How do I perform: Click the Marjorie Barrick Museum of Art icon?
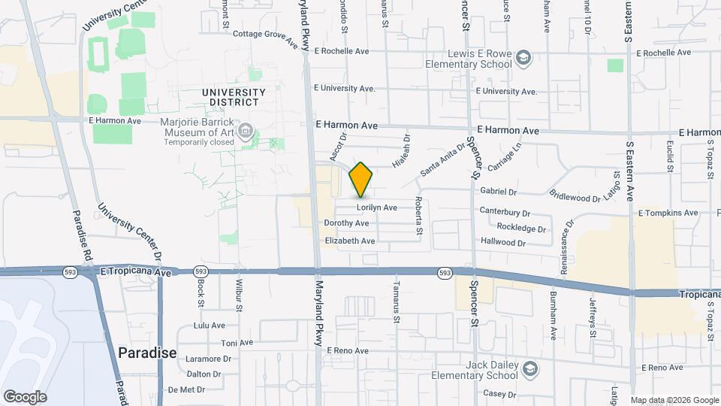246,133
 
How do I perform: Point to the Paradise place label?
147,353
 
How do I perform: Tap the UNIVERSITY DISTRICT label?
234,97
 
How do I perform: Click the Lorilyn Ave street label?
376,208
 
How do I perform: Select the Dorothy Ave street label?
346,223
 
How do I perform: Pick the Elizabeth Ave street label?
349,241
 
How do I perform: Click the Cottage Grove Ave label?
266,35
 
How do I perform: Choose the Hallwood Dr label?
505,243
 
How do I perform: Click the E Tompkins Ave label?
668,213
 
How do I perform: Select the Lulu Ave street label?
210,326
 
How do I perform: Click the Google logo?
25,397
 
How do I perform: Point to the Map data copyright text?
674,400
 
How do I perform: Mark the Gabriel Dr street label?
501,192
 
